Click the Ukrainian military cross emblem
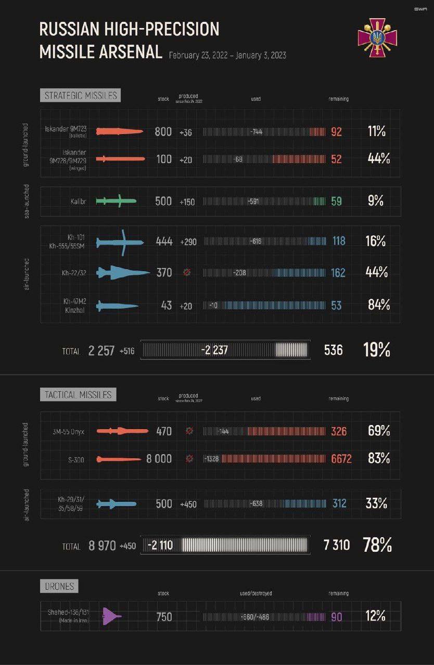pyautogui.click(x=377, y=37)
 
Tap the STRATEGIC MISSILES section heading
pyautogui.click(x=80, y=96)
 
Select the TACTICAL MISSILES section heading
pyautogui.click(x=78, y=394)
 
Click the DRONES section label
pyautogui.click(x=59, y=587)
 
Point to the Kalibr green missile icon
pyautogui.click(x=116, y=201)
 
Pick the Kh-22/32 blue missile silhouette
pyautogui.click(x=123, y=272)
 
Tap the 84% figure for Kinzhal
pyautogui.click(x=379, y=305)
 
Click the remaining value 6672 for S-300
pyautogui.click(x=341, y=459)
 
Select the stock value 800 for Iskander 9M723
pyautogui.click(x=163, y=131)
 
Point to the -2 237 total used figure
pyautogui.click(x=214, y=350)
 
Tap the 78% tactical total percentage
pyautogui.click(x=377, y=545)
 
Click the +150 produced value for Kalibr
pyautogui.click(x=187, y=202)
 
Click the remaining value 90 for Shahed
pyautogui.click(x=337, y=617)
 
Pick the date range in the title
pyautogui.click(x=227, y=56)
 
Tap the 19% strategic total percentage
pyautogui.click(x=376, y=350)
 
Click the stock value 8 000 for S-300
pyautogui.click(x=159, y=459)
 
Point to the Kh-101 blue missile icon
pyautogui.click(x=120, y=242)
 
